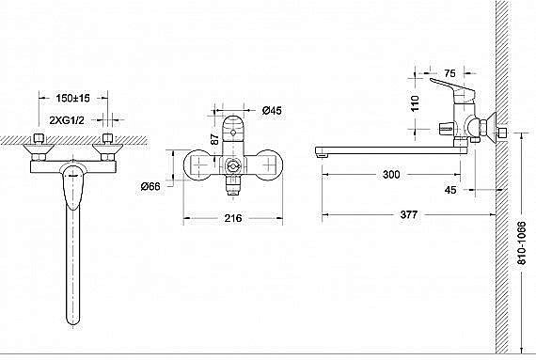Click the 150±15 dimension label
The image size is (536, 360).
click(x=72, y=99)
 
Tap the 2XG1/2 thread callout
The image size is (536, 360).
click(x=67, y=120)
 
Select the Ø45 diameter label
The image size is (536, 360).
click(x=272, y=110)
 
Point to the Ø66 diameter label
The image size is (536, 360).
click(x=150, y=186)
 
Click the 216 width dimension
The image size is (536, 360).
click(x=233, y=218)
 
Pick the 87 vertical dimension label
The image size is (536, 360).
click(x=214, y=139)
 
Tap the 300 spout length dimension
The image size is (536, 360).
click(x=391, y=175)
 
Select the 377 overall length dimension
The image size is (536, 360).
click(x=409, y=214)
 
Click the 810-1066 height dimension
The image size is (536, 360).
click(x=522, y=243)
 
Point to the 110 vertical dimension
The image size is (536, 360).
click(x=415, y=103)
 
